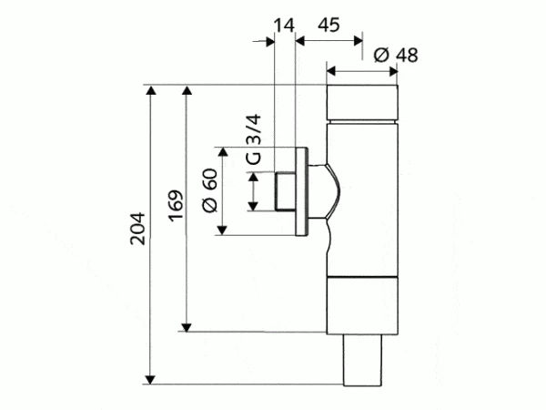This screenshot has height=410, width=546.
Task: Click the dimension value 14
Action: point(284,26)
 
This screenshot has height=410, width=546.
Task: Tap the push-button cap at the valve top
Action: point(362,102)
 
